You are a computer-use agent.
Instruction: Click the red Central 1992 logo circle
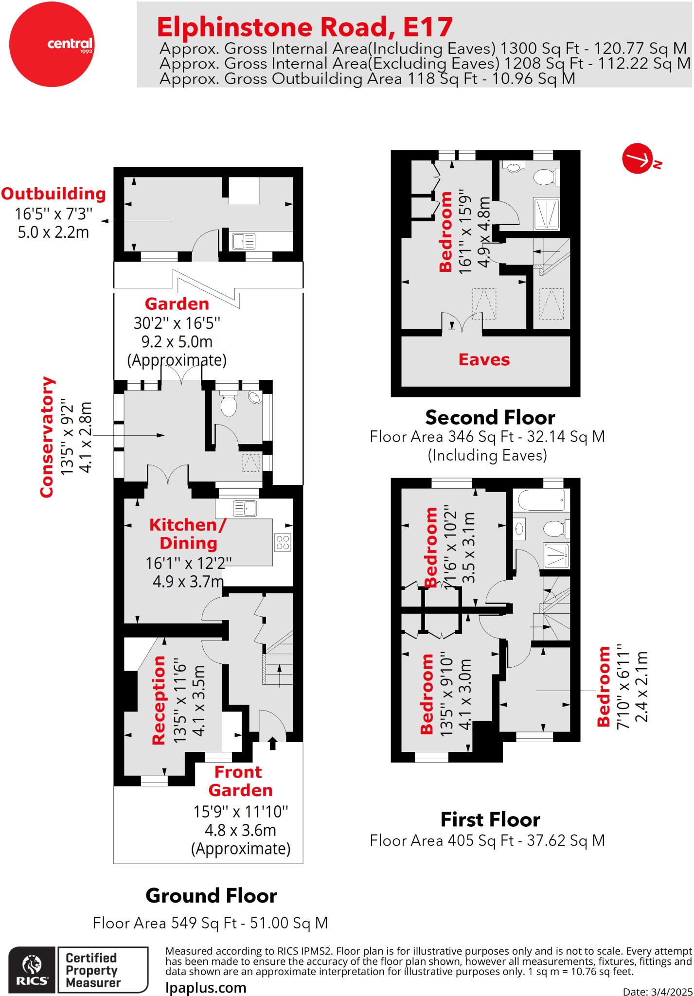[x=52, y=44]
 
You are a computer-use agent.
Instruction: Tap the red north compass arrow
[x=638, y=158]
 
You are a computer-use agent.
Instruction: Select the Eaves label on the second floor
[x=484, y=359]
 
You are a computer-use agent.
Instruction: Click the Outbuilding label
[x=53, y=194]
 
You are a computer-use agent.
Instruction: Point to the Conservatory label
[x=47, y=437]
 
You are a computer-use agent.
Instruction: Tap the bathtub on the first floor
[x=541, y=500]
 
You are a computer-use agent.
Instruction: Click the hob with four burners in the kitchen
[x=283, y=542]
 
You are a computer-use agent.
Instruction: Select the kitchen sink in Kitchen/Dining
[x=245, y=508]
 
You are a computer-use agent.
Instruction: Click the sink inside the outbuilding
[x=244, y=241]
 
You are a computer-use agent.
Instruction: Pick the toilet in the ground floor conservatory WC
[x=228, y=404]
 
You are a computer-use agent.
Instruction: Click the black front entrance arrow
[x=272, y=743]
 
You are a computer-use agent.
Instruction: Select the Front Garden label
[x=240, y=781]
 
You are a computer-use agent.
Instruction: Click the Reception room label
[x=159, y=700]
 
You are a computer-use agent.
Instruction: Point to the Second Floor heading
[x=490, y=417]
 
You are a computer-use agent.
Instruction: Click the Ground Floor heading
[x=211, y=895]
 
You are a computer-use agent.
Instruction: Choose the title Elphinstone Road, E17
[x=305, y=27]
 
